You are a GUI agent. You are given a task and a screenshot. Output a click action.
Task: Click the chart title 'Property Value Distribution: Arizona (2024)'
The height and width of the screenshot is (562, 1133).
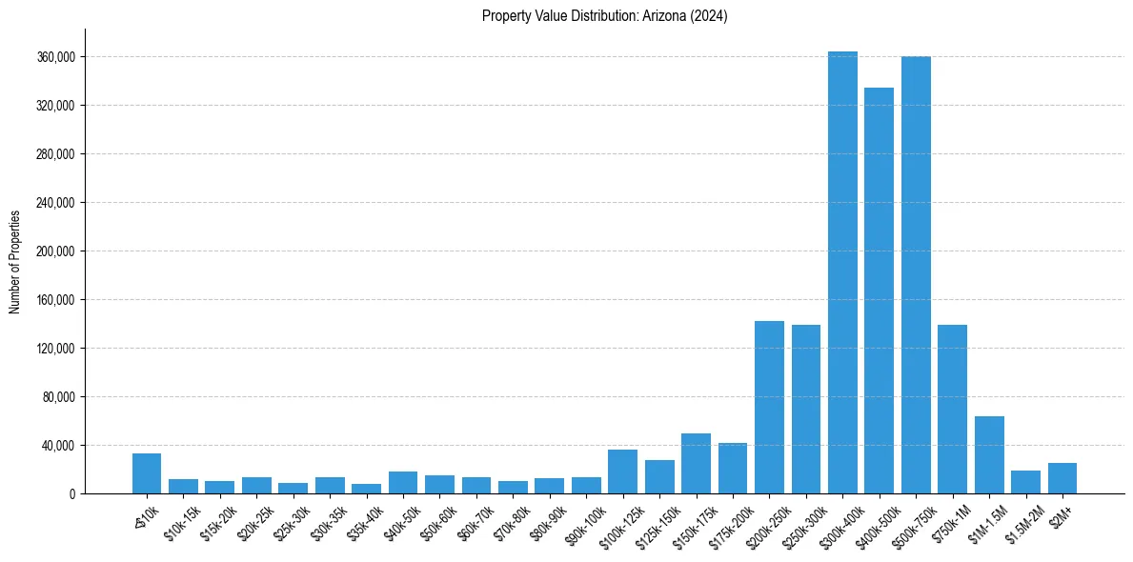point(605,16)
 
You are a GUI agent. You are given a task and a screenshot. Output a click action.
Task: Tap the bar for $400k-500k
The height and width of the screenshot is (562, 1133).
point(879,291)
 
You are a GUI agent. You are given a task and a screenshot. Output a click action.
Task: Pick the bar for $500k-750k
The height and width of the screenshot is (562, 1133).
point(916,275)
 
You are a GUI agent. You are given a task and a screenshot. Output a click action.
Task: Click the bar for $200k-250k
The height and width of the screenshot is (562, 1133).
point(769,408)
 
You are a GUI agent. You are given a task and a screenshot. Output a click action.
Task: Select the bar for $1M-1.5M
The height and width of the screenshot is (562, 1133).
point(989,455)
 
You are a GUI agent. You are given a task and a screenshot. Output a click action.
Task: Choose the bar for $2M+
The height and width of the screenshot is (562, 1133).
point(1062,478)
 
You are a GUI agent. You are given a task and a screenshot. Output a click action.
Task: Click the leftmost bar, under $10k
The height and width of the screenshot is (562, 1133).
point(147,473)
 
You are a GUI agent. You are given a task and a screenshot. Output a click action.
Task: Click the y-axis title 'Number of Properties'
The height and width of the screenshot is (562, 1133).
point(15,261)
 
